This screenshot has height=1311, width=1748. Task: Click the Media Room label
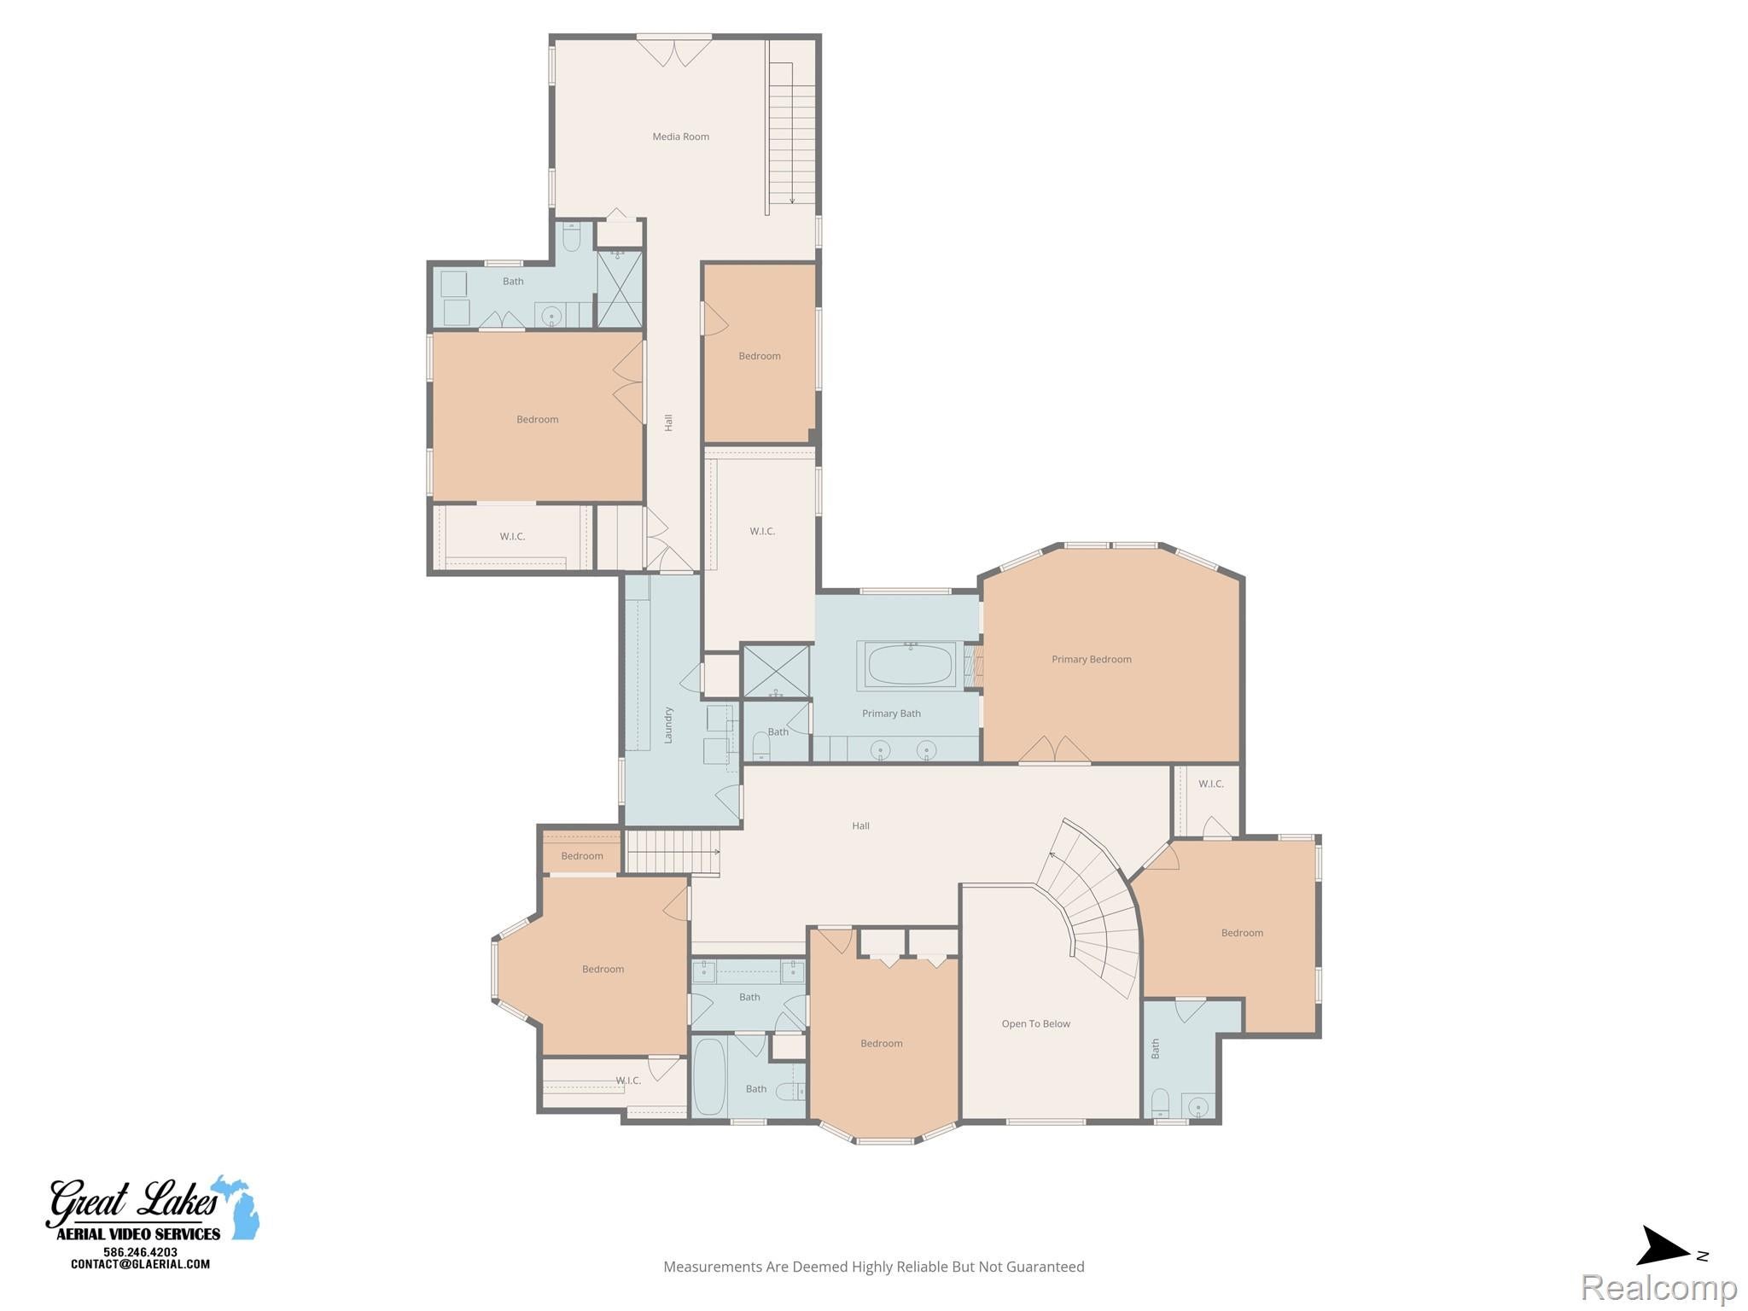tap(680, 137)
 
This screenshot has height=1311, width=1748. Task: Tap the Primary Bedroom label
tap(1091, 659)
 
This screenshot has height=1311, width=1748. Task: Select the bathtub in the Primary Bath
tap(910, 665)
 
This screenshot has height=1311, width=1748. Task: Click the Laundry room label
tap(668, 725)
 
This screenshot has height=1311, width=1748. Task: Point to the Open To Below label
tap(1035, 1023)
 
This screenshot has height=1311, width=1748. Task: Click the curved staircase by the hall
tap(1097, 905)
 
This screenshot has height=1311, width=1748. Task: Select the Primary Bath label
tap(891, 714)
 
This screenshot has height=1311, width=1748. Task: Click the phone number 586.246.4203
tap(140, 1252)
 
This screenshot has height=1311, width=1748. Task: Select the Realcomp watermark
tap(1658, 1287)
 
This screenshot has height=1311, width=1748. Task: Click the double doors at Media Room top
tap(674, 50)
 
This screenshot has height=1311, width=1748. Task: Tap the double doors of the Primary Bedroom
tap(1055, 749)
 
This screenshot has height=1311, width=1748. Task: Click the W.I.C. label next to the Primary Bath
tap(762, 531)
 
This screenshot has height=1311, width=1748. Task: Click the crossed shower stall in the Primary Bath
tap(776, 671)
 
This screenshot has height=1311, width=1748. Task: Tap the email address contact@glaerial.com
tap(140, 1264)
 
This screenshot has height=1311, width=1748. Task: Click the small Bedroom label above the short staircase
tap(582, 856)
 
